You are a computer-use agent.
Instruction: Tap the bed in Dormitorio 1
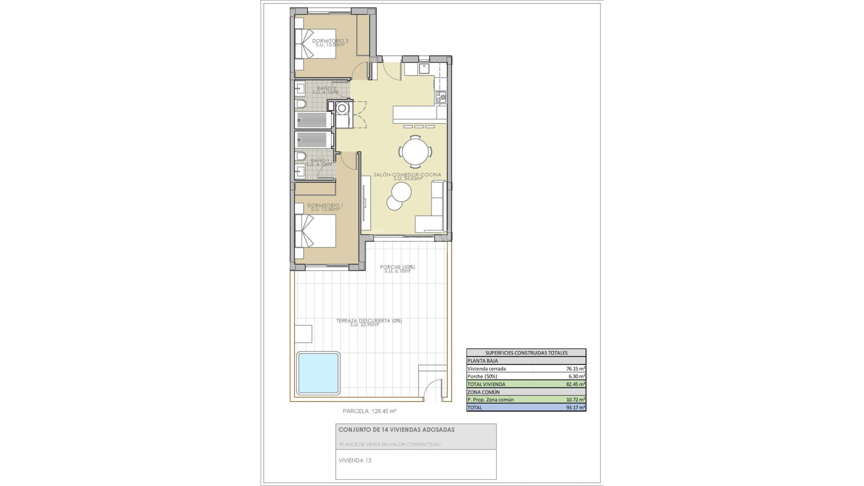coord(316,231)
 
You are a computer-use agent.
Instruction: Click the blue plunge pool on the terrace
coord(318,373)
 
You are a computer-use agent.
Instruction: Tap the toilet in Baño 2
coord(301,105)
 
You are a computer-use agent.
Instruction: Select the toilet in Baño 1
coord(301,156)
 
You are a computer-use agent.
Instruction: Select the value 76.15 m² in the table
coord(575,369)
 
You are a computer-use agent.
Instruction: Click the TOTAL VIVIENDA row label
coord(486,384)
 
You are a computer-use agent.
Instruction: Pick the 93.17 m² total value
coord(575,408)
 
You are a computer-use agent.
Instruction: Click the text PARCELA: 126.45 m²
coord(369,411)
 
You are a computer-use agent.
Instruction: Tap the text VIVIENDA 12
coord(355,460)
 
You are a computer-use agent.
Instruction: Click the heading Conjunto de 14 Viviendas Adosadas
coord(396,430)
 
